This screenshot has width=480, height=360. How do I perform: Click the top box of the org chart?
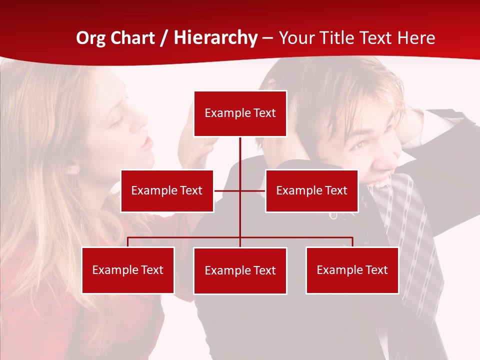(x=240, y=113)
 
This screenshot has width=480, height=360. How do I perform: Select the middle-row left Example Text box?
(x=167, y=190)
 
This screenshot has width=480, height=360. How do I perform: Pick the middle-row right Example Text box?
(x=311, y=190)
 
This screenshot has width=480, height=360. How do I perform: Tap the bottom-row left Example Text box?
(x=128, y=270)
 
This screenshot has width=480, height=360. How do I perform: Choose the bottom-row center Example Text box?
(x=240, y=270)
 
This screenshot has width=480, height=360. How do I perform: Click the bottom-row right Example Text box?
(x=352, y=270)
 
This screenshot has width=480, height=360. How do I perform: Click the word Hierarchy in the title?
(x=215, y=38)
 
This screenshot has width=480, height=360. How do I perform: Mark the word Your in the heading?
(x=296, y=38)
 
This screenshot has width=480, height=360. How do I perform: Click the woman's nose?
(x=144, y=121)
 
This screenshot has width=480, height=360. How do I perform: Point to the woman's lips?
(x=146, y=143)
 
